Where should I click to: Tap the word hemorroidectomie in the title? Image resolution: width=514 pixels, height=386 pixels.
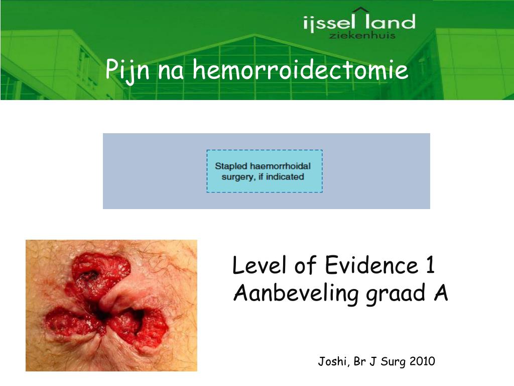tap(301, 70)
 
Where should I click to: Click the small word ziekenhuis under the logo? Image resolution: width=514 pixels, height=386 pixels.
tap(362, 35)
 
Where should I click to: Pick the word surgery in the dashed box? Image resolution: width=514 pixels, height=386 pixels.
tap(237, 177)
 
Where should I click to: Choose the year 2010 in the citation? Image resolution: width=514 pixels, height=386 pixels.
tap(422, 361)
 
